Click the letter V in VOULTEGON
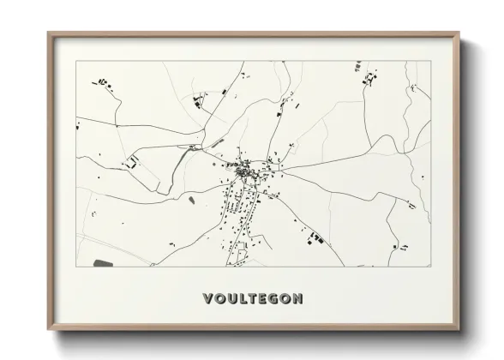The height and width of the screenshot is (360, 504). click(x=208, y=299)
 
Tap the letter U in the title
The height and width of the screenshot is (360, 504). click(x=232, y=299)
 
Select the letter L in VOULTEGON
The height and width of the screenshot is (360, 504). click(x=243, y=299)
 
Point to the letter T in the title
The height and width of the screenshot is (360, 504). click(x=254, y=299)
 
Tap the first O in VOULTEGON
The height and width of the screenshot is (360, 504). click(x=220, y=299)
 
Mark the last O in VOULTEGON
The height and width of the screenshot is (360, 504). click(x=287, y=299)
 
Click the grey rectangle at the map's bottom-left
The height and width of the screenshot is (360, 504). click(x=103, y=261)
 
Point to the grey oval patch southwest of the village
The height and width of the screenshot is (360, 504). click(x=191, y=200)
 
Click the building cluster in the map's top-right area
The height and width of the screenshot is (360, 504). click(x=370, y=80)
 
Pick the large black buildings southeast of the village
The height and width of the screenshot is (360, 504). click(x=315, y=236)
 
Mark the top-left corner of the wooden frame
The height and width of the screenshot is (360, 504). click(x=49, y=33)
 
